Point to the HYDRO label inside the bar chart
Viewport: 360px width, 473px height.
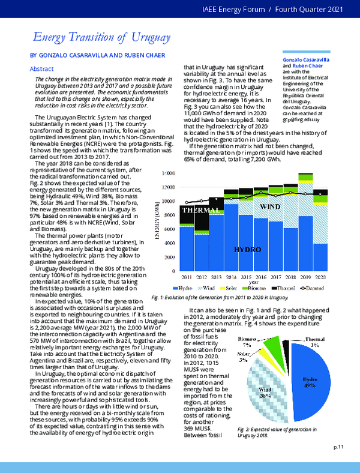(247, 249)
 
